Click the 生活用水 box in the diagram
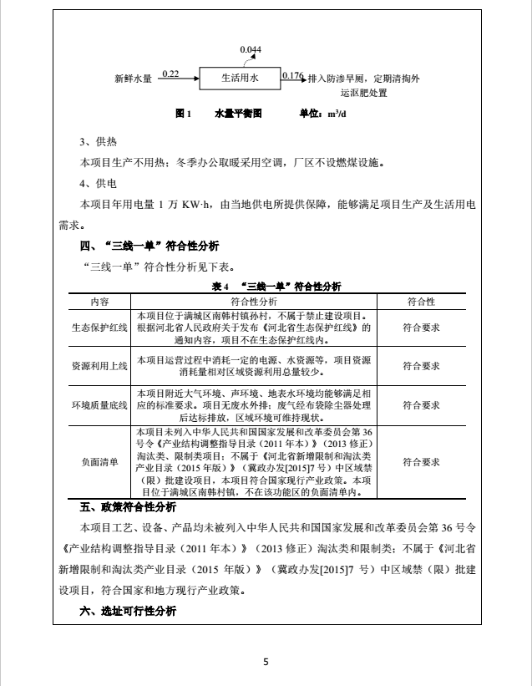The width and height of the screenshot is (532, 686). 240,79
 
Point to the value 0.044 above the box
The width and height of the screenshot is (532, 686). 251,50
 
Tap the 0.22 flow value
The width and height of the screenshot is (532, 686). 170,74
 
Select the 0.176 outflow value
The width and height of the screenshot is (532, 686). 292,76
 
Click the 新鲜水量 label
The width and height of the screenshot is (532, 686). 133,79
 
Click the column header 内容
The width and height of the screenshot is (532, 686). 99,301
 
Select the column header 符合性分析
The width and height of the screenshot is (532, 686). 255,301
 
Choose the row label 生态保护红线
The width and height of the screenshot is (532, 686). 99,328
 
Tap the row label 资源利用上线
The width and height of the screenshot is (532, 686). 99,365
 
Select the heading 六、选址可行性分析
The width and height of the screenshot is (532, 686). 128,612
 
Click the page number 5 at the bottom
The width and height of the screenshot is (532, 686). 266,663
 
